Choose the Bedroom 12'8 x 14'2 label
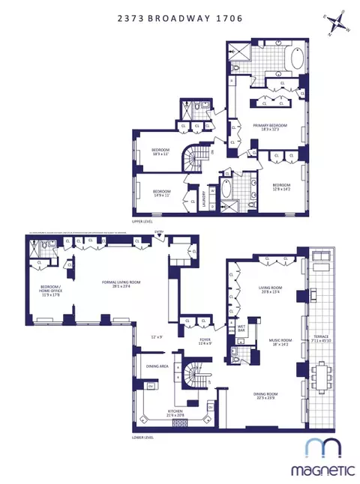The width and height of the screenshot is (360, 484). tap(283, 185)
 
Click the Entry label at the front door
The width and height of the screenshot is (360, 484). tap(158, 233)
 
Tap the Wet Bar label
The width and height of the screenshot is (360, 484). tap(242, 329)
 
